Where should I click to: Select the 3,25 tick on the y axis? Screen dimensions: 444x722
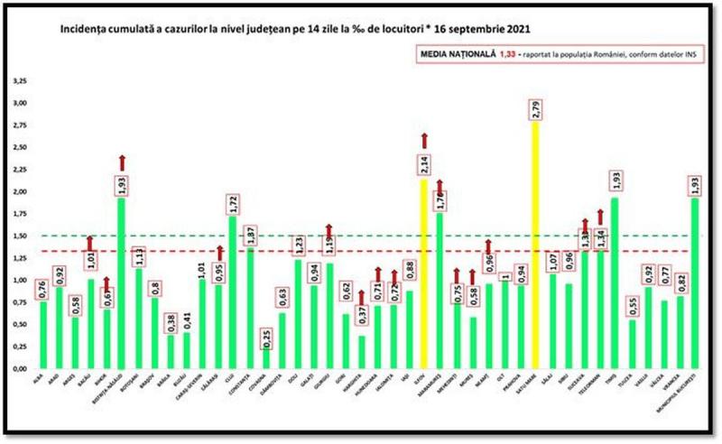pyautogui.click(x=19, y=80)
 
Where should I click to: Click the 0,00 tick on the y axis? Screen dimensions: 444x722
pyautogui.click(x=19, y=369)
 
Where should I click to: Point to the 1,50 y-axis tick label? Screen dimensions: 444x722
pyautogui.click(x=19, y=236)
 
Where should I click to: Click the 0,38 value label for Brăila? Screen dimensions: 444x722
pyautogui.click(x=171, y=322)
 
